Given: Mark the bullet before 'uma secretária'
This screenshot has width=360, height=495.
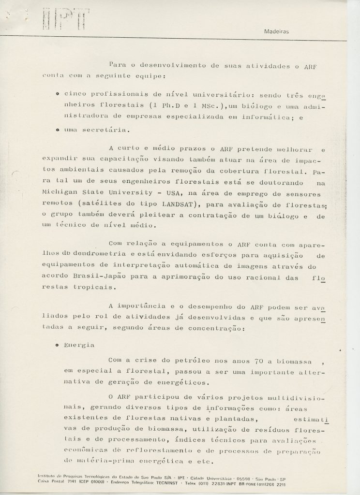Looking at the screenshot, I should [x=58, y=131].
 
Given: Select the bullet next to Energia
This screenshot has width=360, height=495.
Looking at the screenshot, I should [x=58, y=346].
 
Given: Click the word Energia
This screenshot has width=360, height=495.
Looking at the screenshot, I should [x=78, y=346].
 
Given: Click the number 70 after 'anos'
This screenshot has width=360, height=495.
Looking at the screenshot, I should [x=259, y=361].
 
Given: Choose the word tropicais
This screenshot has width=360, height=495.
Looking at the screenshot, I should [x=92, y=287].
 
